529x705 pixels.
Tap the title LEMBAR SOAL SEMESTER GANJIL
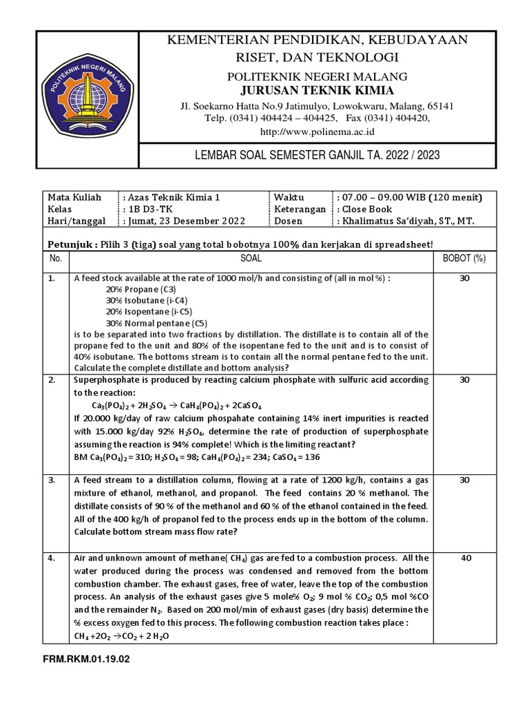click(x=316, y=156)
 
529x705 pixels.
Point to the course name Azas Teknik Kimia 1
click(x=172, y=197)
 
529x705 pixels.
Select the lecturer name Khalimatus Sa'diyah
click(x=407, y=220)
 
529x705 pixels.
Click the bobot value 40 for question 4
click(x=466, y=558)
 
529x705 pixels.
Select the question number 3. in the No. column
click(x=51, y=480)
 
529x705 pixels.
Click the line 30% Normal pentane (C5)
click(x=156, y=323)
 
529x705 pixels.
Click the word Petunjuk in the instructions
click(x=67, y=244)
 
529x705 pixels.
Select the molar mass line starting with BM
click(x=196, y=457)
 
